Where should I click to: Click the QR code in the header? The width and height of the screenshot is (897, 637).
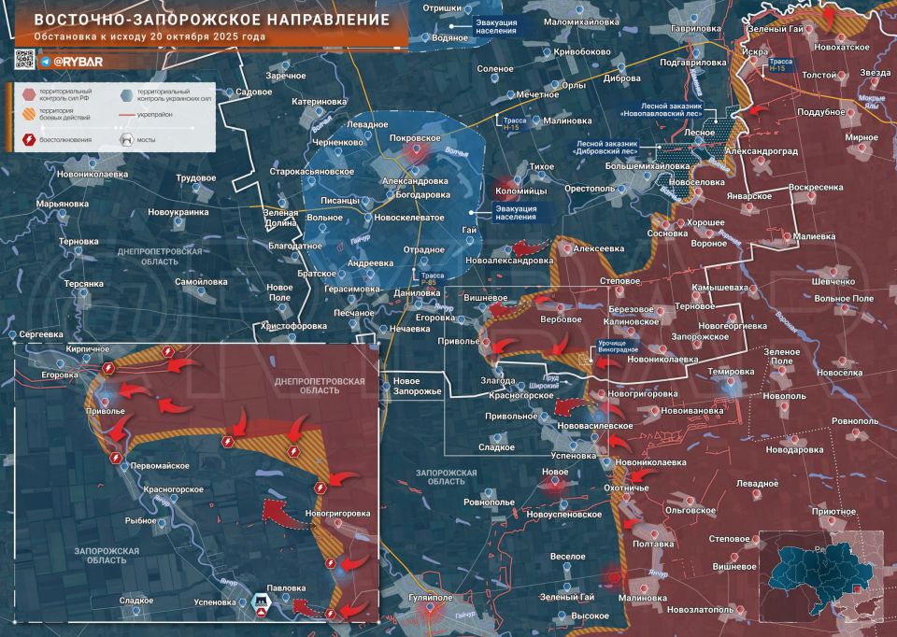(25, 59)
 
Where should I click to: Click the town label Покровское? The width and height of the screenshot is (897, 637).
(414, 136)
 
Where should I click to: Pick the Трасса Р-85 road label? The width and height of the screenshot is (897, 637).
(433, 279)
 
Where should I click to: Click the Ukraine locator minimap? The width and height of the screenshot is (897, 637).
(819, 578)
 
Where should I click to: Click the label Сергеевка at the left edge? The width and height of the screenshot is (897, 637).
(41, 333)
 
